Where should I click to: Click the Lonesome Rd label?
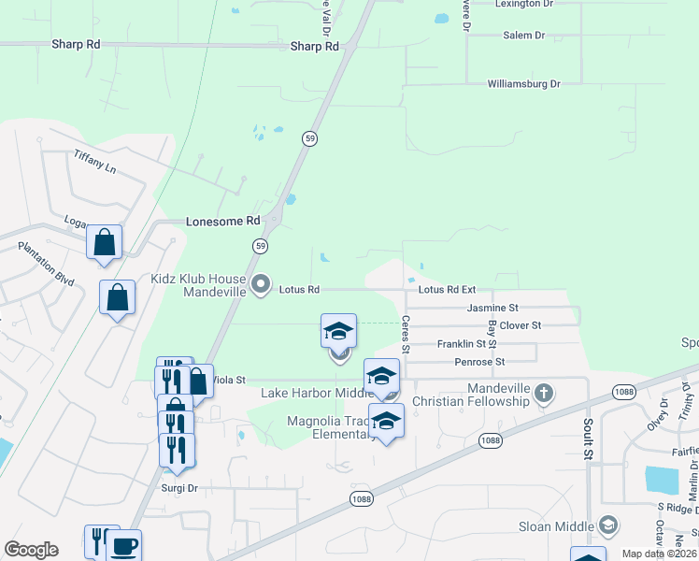(x=222, y=222)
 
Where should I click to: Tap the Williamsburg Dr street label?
(x=523, y=84)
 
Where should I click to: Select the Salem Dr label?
(x=523, y=36)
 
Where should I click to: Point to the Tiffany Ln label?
(x=95, y=163)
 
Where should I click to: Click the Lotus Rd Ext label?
(x=447, y=290)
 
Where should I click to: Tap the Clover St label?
(x=521, y=325)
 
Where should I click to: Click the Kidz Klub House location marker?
(x=262, y=282)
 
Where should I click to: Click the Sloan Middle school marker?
(x=609, y=526)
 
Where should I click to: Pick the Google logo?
(x=31, y=550)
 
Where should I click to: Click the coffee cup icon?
(x=125, y=545)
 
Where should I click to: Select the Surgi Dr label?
(x=179, y=488)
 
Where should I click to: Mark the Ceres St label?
(x=406, y=334)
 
